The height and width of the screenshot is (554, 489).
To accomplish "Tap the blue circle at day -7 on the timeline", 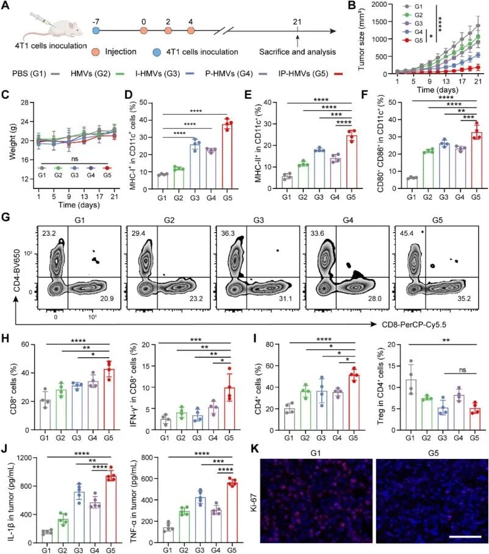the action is (x=96, y=30).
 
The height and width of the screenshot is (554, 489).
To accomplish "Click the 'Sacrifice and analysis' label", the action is (x=298, y=52).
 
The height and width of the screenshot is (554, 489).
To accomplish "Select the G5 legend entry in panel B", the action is (x=413, y=41).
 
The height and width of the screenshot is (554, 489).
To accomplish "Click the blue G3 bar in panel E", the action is (x=319, y=169).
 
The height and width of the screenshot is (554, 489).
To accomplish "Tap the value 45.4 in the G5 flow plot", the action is (x=407, y=233).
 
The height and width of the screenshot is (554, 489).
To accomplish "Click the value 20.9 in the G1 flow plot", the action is (x=107, y=299).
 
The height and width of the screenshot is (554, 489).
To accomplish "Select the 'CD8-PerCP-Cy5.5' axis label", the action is (x=414, y=324).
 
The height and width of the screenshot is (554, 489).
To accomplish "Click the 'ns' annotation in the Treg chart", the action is (x=463, y=370).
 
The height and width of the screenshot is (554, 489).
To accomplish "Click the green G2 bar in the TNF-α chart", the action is (x=184, y=527).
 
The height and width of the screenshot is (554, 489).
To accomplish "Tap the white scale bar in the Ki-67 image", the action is (x=465, y=537).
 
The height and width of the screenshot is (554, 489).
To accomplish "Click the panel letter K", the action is (x=254, y=449).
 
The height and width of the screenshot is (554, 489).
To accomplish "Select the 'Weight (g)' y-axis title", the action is (x=13, y=141).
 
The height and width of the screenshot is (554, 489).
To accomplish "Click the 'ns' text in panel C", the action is (x=74, y=159).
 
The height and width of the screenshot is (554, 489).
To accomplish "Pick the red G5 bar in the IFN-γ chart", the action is (x=229, y=409).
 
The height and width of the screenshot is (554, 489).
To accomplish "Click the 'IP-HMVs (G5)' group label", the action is (x=303, y=74).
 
